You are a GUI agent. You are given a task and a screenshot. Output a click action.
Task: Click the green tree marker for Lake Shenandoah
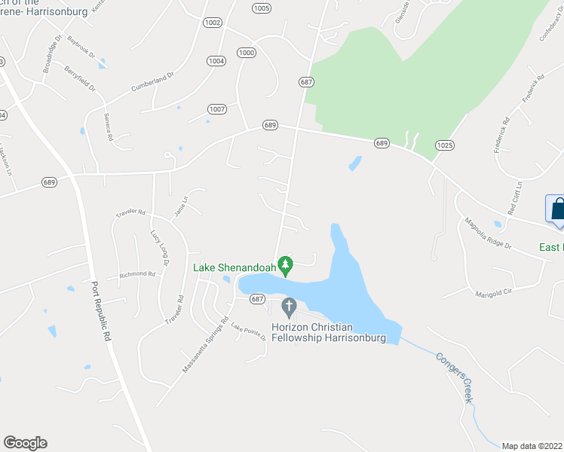click(x=285, y=264)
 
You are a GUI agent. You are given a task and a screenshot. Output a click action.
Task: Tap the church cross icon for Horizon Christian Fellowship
click(x=287, y=307)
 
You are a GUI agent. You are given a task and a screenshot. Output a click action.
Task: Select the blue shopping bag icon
click(x=558, y=210)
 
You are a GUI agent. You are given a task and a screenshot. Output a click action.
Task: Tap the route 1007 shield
click(x=217, y=109)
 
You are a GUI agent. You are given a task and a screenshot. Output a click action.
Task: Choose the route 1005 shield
click(x=262, y=8)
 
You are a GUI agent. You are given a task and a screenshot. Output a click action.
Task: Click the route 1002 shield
click(x=213, y=23)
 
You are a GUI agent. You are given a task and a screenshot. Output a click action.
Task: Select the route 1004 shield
click(x=216, y=60)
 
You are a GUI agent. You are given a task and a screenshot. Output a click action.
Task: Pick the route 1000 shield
click(x=246, y=52)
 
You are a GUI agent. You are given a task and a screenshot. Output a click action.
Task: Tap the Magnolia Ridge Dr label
click(x=488, y=234)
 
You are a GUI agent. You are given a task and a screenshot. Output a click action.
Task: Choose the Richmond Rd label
click(x=136, y=274)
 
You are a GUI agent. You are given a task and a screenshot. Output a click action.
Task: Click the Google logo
click(x=25, y=443)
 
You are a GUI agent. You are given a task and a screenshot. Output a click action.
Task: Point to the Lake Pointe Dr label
click(x=249, y=331)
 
